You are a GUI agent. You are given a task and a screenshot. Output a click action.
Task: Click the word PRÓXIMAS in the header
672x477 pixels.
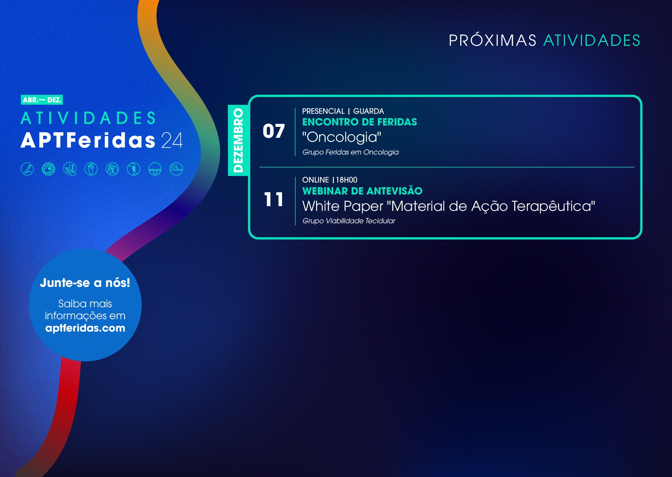coord(492,40)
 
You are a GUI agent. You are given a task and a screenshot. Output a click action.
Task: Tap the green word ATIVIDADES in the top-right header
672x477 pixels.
coord(592,40)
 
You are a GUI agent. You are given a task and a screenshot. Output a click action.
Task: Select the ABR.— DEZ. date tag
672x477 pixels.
coord(42,100)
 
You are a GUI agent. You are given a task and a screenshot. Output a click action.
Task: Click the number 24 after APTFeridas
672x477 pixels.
coord(172,140)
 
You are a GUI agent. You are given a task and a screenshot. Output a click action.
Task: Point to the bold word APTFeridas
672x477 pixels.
coord(88,140)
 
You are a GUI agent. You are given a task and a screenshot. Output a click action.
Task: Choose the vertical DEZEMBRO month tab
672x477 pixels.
coord(238,140)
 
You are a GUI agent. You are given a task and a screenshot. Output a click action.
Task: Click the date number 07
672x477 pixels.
coord(274,131)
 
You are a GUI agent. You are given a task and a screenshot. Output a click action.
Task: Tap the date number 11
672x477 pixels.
coord(274,200)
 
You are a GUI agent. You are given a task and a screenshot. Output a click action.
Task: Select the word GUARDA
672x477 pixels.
coord(368,111)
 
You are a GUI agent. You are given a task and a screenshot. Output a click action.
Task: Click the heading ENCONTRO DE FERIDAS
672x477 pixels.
coord(360,122)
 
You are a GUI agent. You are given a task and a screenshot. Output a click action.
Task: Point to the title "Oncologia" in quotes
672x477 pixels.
coord(342,137)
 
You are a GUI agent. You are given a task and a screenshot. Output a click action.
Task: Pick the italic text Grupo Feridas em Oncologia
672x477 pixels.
coord(351,152)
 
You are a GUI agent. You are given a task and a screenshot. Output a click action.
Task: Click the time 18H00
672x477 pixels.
coord(347,180)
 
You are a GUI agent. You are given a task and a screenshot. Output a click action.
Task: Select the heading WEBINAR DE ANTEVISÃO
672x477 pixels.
coord(363,191)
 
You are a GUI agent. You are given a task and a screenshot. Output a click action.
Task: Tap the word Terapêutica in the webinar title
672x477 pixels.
coord(553,206)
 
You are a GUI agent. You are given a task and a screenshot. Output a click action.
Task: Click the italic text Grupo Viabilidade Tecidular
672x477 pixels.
coord(349,221)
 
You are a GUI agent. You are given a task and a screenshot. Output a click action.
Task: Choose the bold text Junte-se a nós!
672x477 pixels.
coord(85,282)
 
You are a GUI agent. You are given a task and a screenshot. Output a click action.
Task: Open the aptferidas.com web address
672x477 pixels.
coord(85,328)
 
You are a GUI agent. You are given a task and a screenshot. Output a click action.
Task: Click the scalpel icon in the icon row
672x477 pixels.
coord(27,169)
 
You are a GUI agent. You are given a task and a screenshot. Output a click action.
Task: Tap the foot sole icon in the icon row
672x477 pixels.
coord(91,169)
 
